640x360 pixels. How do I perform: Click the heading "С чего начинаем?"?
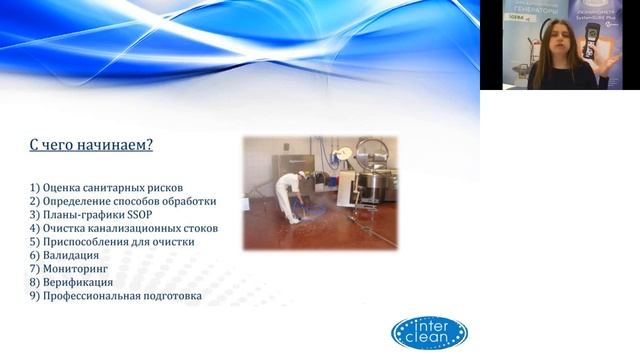pos(91,146)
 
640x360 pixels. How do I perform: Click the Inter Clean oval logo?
pos(429,333)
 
